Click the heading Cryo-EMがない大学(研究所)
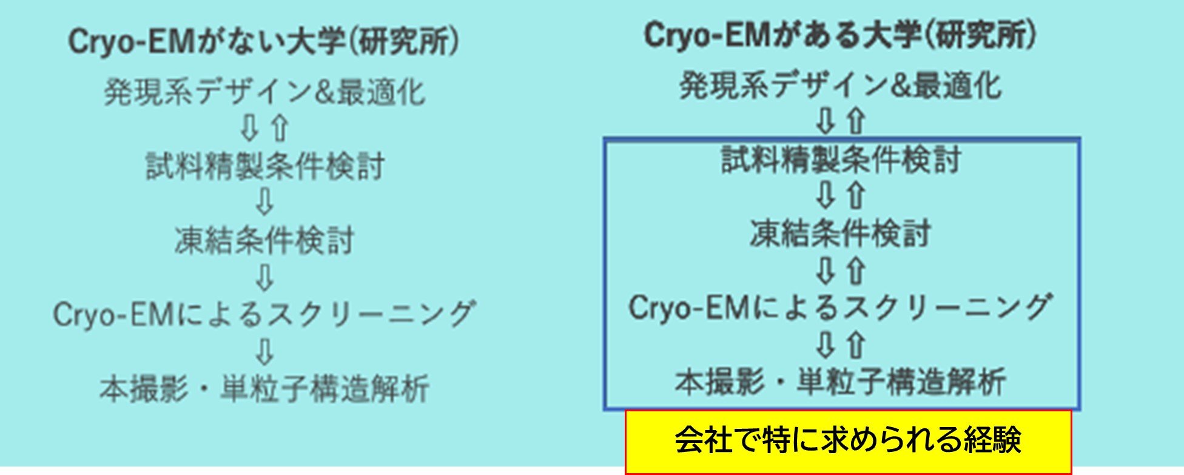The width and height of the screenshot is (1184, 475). pyautogui.click(x=263, y=42)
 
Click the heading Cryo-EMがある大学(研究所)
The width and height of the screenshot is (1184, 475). pyautogui.click(x=841, y=36)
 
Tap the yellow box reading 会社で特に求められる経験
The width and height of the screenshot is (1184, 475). pyautogui.click(x=848, y=441)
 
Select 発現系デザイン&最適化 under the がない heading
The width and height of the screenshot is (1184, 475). pyautogui.click(x=264, y=92)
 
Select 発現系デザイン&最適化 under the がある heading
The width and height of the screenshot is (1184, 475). pyautogui.click(x=841, y=86)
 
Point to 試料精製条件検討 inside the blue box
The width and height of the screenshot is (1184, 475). pyautogui.click(x=841, y=160)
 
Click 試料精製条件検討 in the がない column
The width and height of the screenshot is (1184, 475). pyautogui.click(x=265, y=166)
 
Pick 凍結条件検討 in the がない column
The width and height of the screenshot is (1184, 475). pyautogui.click(x=264, y=240)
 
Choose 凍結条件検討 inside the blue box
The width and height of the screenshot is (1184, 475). pyautogui.click(x=841, y=234)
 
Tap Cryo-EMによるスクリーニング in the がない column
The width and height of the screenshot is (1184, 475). pyautogui.click(x=264, y=314)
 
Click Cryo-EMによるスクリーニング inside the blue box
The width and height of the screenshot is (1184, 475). pyautogui.click(x=839, y=308)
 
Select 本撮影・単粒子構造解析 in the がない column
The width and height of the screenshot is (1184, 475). pyautogui.click(x=264, y=389)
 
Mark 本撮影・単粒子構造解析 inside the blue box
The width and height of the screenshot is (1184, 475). pyautogui.click(x=841, y=382)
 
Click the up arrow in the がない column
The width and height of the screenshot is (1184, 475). pyautogui.click(x=280, y=128)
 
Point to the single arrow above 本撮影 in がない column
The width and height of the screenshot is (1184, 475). pyautogui.click(x=265, y=351)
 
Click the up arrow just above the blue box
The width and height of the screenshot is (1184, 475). pyautogui.click(x=856, y=121)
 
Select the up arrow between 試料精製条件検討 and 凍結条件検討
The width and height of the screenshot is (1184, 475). pyautogui.click(x=856, y=196)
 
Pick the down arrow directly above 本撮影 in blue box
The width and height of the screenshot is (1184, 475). pyautogui.click(x=826, y=345)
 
